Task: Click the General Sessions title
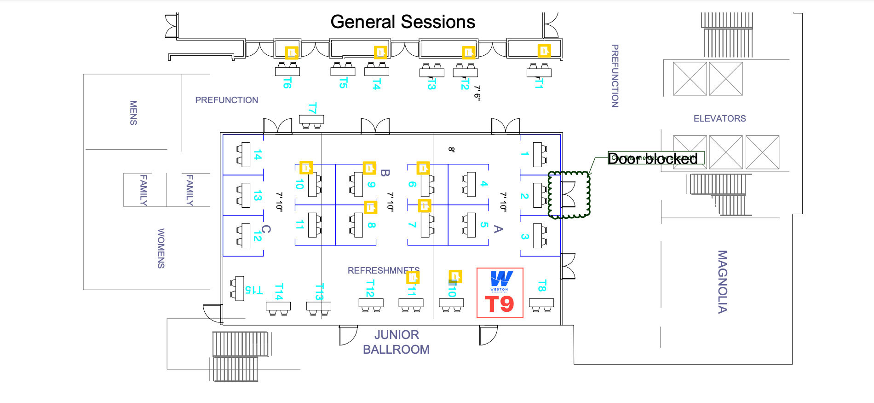402,22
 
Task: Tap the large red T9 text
499,304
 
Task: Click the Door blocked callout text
653,158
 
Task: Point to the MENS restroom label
133,113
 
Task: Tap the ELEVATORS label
719,119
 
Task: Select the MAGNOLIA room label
723,282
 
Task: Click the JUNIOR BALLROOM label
396,342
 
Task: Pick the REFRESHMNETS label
383,270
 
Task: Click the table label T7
312,109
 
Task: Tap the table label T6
287,83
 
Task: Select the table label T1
539,83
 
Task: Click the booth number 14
258,155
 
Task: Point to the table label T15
253,290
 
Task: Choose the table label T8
542,286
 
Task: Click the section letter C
266,229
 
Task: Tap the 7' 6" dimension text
477,93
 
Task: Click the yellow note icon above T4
380,53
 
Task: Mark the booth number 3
524,236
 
